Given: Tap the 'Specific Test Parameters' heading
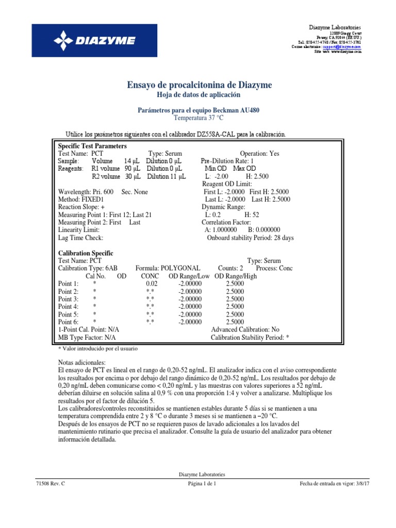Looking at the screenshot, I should click(92, 146).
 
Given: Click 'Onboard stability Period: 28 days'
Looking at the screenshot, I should click(250, 238).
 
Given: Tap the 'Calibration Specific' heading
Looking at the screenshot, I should click(86, 253).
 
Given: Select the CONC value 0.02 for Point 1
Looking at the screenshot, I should click(152, 284).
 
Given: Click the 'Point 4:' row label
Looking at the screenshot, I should click(69, 306).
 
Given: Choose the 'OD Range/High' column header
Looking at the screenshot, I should click(235, 276).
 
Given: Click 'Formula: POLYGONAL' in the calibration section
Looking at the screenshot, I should click(168, 268).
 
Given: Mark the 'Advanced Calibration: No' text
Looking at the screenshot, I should click(245, 329).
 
